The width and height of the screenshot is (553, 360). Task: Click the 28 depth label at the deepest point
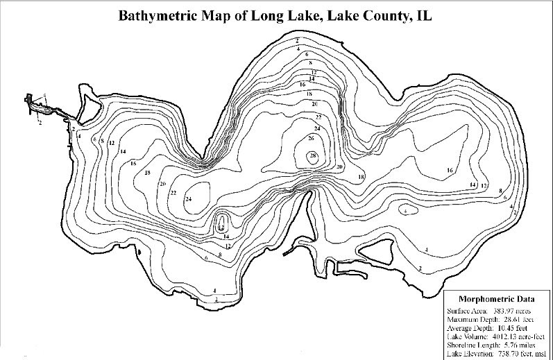point(314,155)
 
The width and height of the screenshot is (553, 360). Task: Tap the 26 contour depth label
point(311,139)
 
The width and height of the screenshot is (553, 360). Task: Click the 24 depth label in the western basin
point(188,200)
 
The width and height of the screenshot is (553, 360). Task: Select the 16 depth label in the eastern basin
point(450,170)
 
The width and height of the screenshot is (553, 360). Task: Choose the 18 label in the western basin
point(147,173)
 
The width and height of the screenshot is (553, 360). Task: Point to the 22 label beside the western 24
point(173,192)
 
